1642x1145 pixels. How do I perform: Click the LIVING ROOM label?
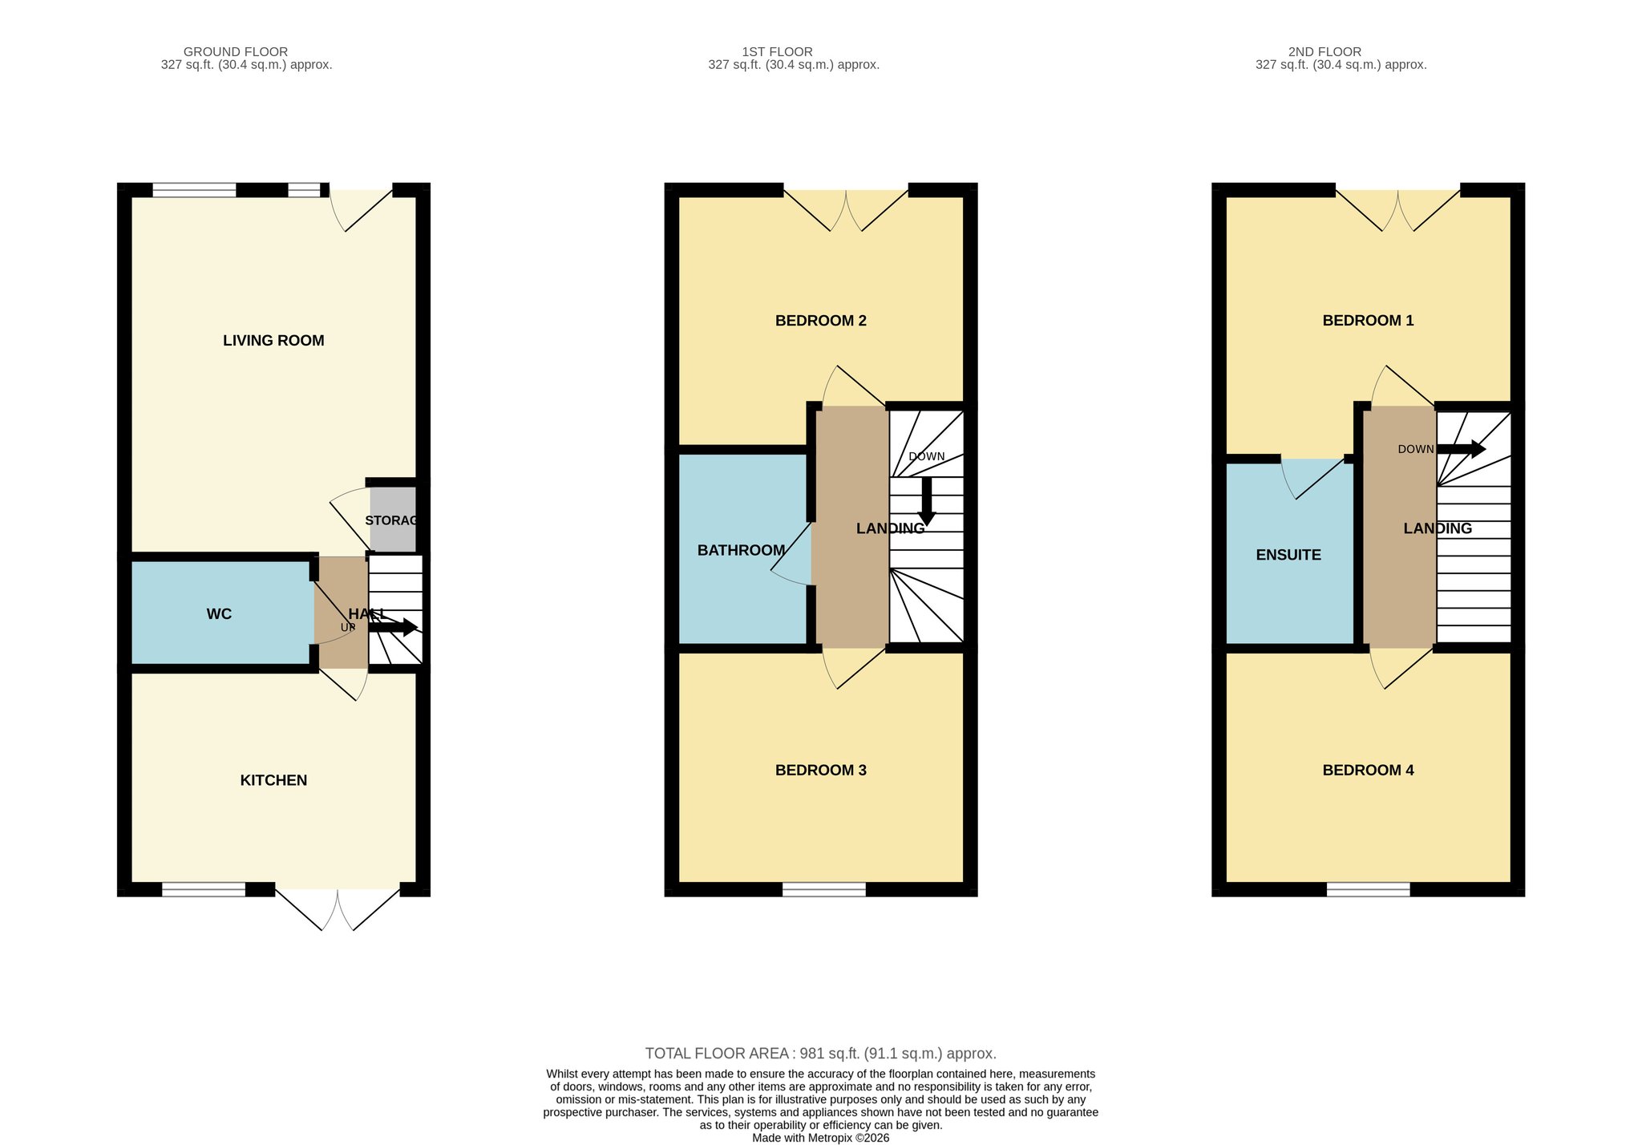point(273,341)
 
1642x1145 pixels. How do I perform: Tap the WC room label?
point(219,614)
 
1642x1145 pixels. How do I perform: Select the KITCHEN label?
point(273,780)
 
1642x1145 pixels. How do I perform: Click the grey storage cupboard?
point(393,519)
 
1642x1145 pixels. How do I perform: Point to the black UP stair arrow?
point(393,627)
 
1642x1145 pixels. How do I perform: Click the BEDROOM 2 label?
point(821,321)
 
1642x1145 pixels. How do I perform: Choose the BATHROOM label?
point(741,550)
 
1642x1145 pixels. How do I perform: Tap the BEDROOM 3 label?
point(821,771)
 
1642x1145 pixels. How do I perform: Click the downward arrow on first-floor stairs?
point(927,501)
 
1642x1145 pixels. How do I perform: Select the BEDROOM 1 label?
point(1368,321)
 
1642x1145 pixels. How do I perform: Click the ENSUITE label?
point(1288,555)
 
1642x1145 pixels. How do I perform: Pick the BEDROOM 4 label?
point(1368,771)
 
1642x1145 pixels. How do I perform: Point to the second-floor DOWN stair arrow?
point(1461,449)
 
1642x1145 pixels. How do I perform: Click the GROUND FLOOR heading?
point(236,52)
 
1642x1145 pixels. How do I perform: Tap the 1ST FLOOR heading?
point(777,52)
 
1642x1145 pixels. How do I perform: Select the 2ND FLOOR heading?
point(1325,52)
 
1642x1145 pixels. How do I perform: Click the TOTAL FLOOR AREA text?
point(821,1054)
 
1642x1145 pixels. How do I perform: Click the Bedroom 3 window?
point(824,889)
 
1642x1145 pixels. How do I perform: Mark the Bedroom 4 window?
point(1368,889)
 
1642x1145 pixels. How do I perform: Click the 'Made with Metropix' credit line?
point(821,1138)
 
